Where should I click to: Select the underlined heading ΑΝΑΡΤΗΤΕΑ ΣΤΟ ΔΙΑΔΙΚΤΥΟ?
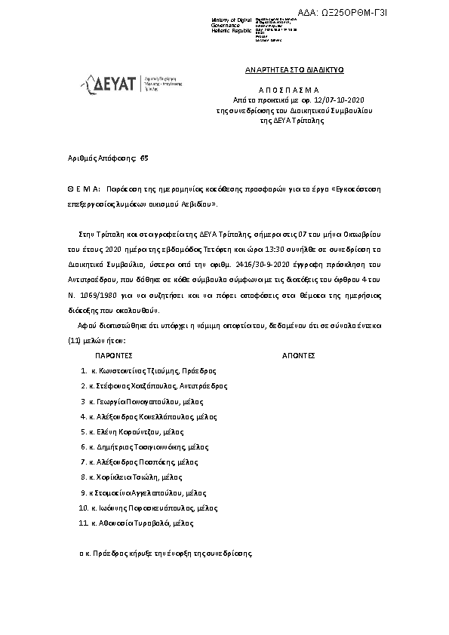pos(294,69)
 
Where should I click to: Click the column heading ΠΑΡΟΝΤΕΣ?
pos(115,353)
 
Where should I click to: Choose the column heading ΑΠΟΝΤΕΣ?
pos(297,353)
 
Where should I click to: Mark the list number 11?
pos(82,523)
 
